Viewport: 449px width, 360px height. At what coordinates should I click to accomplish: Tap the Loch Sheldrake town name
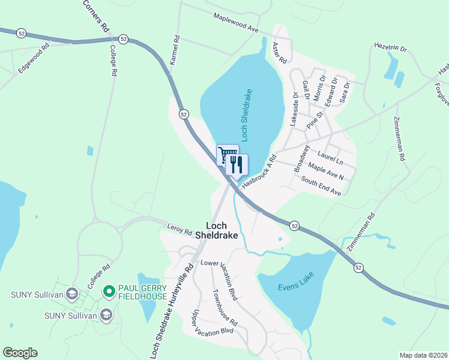pyautogui.click(x=222, y=230)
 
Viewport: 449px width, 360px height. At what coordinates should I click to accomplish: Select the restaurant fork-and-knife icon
pyautogui.click(x=237, y=164)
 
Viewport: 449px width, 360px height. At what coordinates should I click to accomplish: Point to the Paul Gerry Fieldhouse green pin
pyautogui.click(x=109, y=292)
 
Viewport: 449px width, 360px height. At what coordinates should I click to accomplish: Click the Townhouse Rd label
pyautogui.click(x=225, y=308)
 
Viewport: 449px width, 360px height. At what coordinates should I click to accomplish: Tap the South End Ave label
pyautogui.click(x=321, y=186)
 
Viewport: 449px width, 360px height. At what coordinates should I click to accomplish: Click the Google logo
pyautogui.click(x=20, y=353)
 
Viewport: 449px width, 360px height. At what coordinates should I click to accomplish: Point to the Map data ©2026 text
pyautogui.click(x=423, y=355)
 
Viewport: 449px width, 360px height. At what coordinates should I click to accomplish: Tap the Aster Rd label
pyautogui.click(x=279, y=53)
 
